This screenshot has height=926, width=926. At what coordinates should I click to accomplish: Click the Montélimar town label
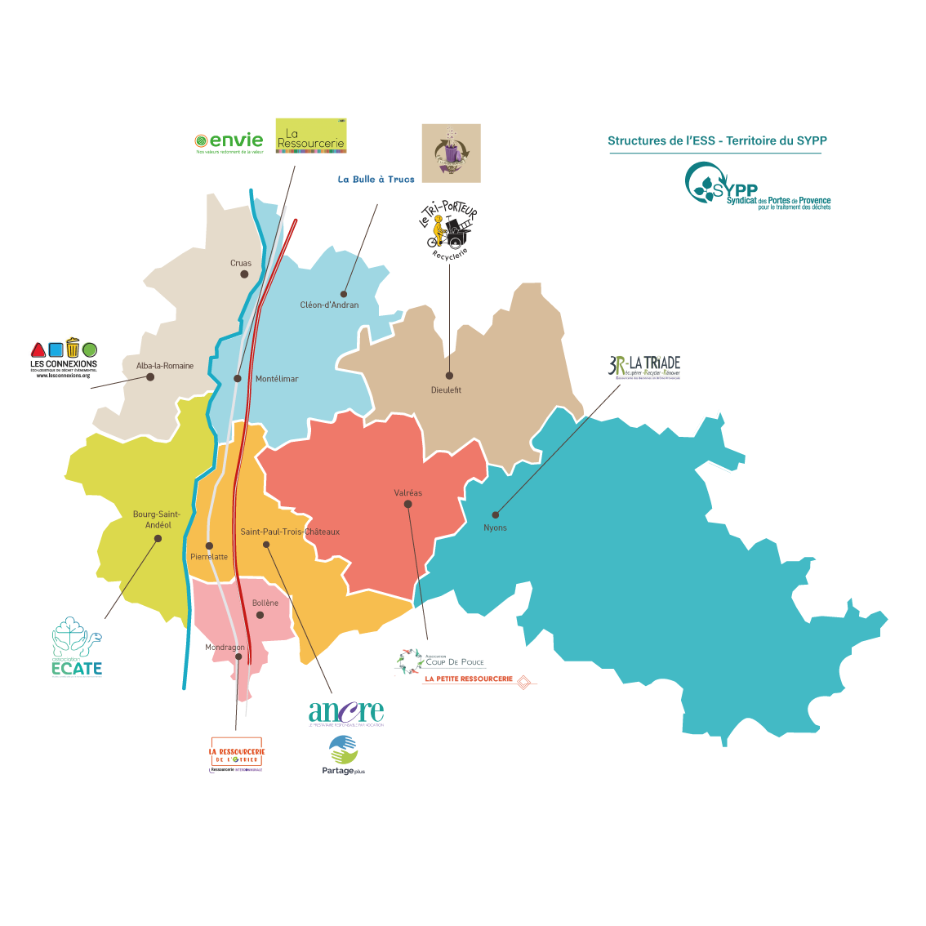click(x=277, y=379)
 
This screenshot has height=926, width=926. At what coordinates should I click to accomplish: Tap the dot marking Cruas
click(x=244, y=274)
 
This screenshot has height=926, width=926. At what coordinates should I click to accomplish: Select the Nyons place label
click(x=495, y=528)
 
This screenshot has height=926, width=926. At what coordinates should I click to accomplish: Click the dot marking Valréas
click(x=408, y=504)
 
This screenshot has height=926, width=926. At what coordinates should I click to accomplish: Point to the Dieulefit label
click(x=446, y=390)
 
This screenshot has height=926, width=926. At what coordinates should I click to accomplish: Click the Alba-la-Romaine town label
click(x=165, y=366)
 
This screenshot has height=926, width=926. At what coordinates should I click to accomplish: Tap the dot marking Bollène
click(x=260, y=615)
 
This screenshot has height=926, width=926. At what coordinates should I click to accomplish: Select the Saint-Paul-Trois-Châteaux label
click(x=290, y=532)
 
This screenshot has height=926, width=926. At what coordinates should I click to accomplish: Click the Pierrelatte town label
click(x=209, y=557)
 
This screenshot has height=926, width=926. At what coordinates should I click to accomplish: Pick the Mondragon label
click(x=225, y=648)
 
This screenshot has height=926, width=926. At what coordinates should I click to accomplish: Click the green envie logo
click(x=229, y=142)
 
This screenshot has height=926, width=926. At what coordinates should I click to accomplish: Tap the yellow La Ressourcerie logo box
click(x=311, y=136)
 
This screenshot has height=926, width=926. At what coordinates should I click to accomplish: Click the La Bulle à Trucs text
click(x=376, y=180)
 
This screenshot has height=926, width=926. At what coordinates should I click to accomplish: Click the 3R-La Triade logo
click(x=644, y=367)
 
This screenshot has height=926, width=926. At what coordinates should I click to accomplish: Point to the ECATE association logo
click(x=77, y=648)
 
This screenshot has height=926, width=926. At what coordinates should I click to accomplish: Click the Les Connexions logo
click(x=64, y=358)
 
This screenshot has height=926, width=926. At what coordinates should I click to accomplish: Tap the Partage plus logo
click(x=343, y=755)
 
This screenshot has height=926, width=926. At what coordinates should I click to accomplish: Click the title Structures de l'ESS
click(x=717, y=140)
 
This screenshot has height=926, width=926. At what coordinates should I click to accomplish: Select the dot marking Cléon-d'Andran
click(x=344, y=294)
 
